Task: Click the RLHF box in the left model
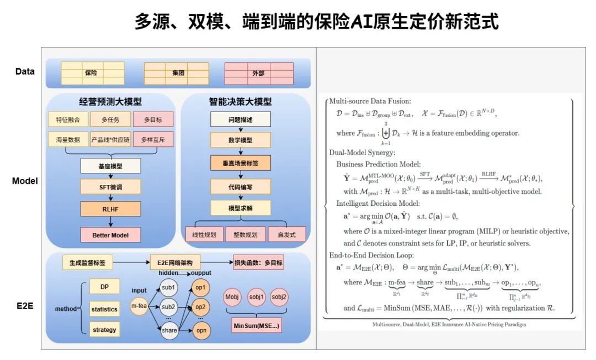[x=110, y=209]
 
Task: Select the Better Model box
[x=110, y=235]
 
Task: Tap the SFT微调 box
[x=110, y=187]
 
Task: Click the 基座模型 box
[x=110, y=165]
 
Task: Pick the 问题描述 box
[x=241, y=119]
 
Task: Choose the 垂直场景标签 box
[x=241, y=163]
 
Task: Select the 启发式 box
[x=286, y=234]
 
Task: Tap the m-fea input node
[x=139, y=306]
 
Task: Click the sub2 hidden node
[x=168, y=306]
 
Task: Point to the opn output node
[x=200, y=330]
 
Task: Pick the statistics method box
[x=104, y=309]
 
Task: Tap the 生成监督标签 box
[x=87, y=263]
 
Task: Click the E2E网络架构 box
[x=175, y=263]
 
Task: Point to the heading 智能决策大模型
[x=240, y=102]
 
